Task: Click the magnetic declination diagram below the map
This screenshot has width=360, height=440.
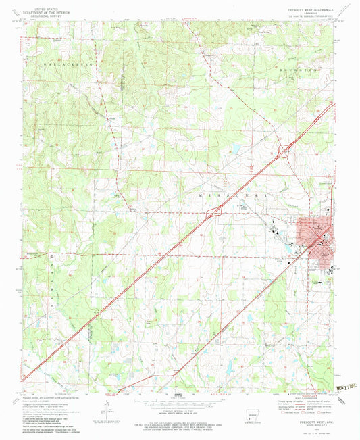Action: [x=109, y=404]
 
